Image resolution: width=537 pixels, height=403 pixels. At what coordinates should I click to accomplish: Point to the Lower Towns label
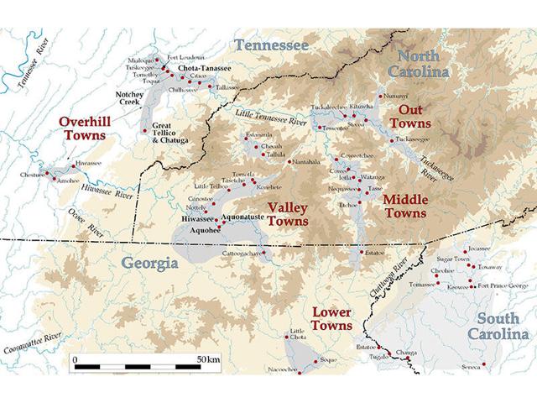(x=331, y=319)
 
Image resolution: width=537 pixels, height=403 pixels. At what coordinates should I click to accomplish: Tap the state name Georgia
(x=149, y=263)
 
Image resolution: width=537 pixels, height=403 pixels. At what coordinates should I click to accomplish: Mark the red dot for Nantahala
(x=289, y=161)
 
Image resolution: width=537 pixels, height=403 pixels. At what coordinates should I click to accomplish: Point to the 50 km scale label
(x=208, y=359)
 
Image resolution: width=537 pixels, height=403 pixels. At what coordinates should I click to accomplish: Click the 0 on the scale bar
(x=75, y=359)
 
